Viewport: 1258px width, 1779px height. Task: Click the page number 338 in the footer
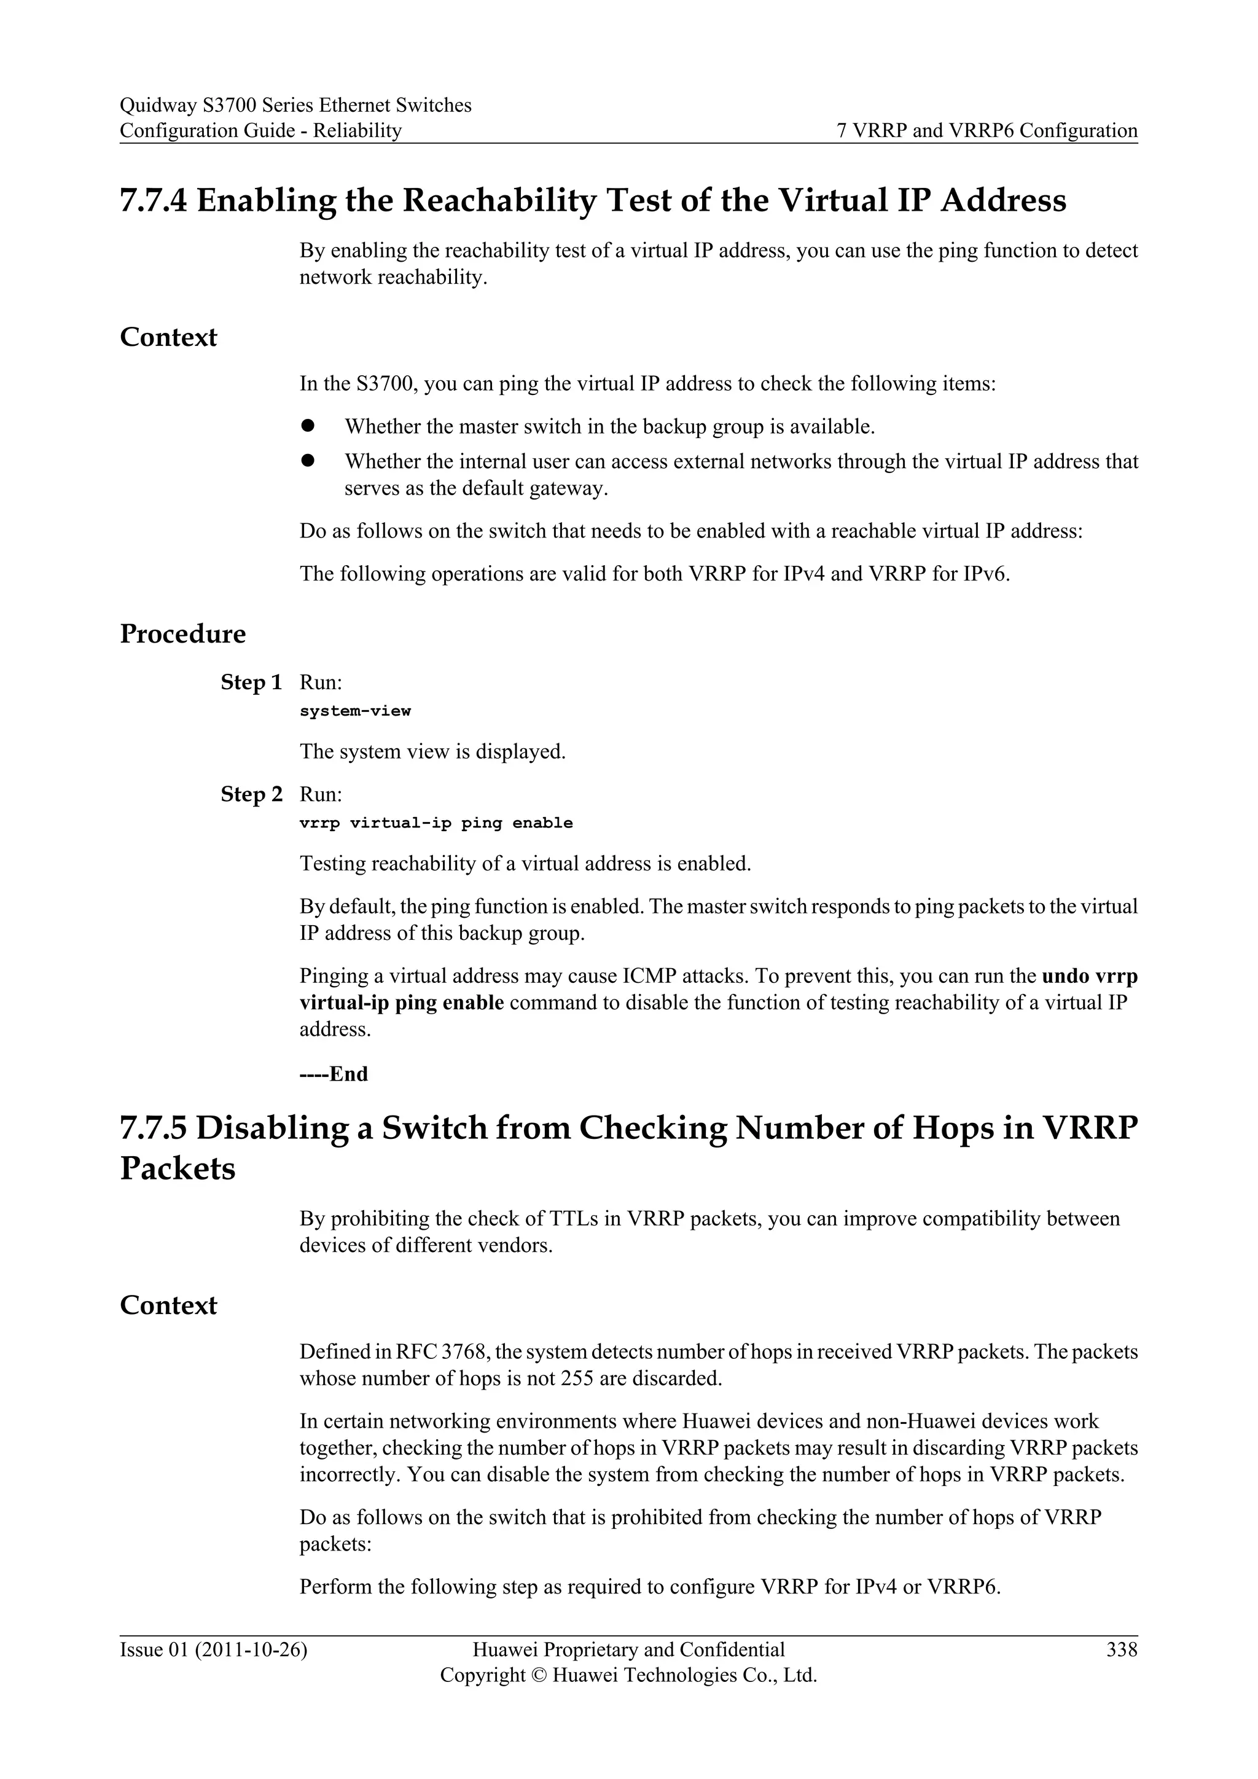(x=1122, y=1649)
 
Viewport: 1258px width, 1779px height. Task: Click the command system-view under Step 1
(x=355, y=711)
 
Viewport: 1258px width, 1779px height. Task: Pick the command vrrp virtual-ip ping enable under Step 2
(x=436, y=823)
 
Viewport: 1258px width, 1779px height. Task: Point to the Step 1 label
(x=251, y=682)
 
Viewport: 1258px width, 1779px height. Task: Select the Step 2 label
(x=251, y=794)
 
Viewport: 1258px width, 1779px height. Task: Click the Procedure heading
(x=183, y=633)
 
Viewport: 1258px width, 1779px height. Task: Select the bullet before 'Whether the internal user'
(x=308, y=460)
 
